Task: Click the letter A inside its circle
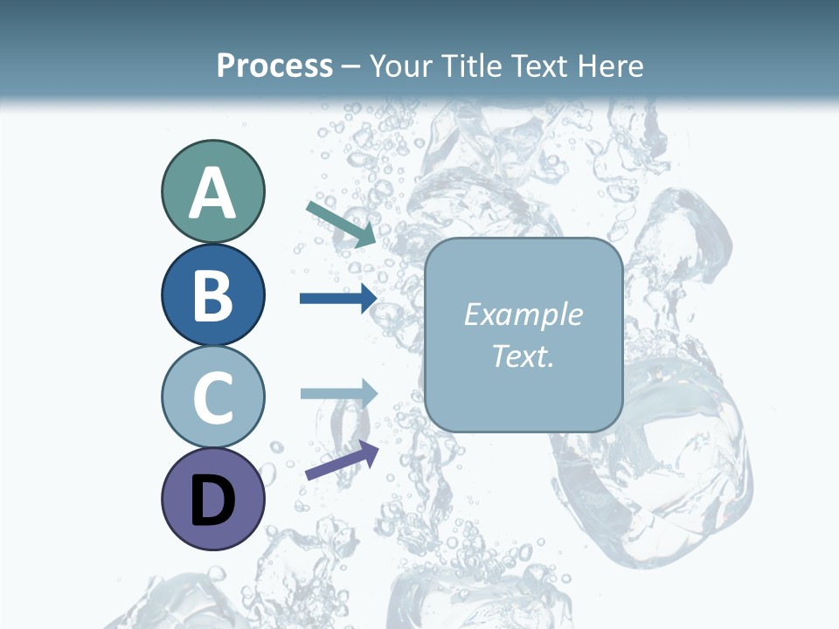[212, 194]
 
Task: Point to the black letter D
[212, 501]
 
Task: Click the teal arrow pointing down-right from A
[341, 224]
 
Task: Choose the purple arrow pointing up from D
[342, 461]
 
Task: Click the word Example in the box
[523, 314]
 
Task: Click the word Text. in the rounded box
[523, 356]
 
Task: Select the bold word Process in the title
[274, 66]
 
